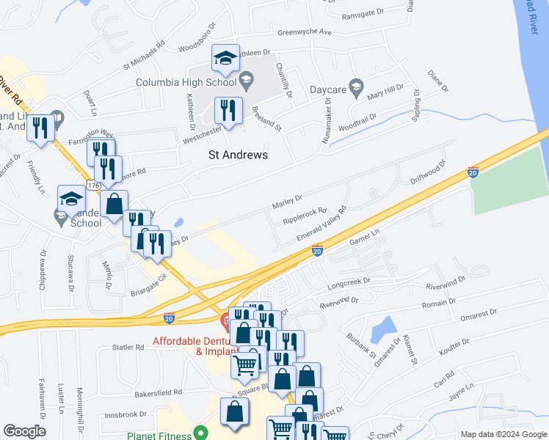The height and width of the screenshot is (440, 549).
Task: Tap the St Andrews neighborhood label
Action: (238, 155)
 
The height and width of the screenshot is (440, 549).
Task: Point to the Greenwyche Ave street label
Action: (305, 33)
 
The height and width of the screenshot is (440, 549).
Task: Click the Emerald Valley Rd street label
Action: (321, 228)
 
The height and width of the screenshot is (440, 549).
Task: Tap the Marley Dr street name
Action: (288, 199)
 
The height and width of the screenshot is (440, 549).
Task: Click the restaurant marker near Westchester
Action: (228, 111)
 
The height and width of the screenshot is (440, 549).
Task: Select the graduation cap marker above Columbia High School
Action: (226, 58)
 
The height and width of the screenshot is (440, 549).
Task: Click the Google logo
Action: (24, 431)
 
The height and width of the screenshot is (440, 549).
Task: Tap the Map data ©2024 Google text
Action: (503, 434)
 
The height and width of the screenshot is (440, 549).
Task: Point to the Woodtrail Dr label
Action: (358, 117)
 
